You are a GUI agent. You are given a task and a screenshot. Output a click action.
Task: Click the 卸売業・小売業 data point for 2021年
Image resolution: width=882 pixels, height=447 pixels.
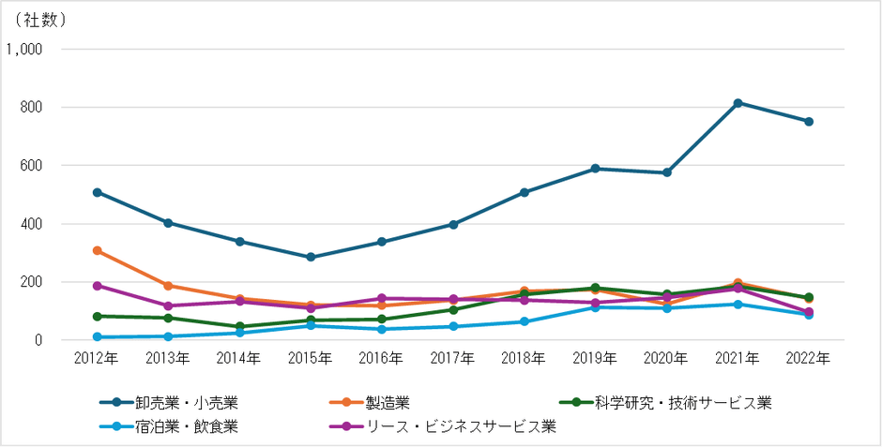click(738, 103)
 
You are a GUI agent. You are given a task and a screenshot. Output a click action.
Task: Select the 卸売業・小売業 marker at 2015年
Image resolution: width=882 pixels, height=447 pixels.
click(311, 257)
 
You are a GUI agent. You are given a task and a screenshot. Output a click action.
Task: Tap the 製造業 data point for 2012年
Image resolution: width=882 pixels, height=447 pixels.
click(98, 250)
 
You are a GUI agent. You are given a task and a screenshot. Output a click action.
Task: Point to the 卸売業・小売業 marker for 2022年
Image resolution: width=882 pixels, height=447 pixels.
click(808, 122)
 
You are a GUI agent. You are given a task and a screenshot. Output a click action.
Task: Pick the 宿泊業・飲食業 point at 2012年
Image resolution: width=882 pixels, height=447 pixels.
click(98, 336)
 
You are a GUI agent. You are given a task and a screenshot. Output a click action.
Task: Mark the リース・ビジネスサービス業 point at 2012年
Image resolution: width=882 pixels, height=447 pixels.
click(98, 286)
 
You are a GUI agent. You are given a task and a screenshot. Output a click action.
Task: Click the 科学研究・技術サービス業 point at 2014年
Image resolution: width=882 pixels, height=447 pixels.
click(239, 327)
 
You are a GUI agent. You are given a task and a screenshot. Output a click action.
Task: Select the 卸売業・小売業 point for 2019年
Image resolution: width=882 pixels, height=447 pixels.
click(595, 169)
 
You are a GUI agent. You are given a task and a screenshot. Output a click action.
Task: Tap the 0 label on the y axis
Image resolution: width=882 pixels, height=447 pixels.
click(41, 340)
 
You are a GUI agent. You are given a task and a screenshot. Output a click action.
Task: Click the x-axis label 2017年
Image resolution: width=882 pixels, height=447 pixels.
click(453, 358)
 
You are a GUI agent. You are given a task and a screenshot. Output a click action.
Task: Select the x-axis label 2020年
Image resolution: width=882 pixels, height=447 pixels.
click(666, 358)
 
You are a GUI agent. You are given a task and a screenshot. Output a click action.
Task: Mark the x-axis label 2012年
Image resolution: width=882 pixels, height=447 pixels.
click(98, 358)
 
